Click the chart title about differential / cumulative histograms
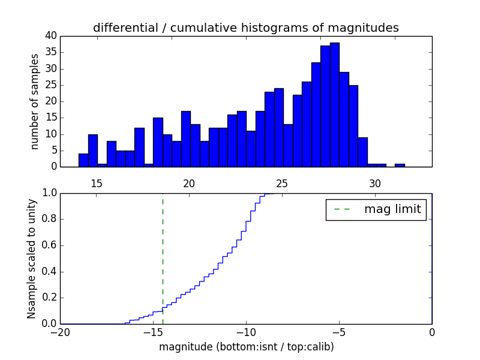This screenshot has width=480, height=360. click(245, 28)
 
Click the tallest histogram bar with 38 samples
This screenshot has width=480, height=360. click(335, 105)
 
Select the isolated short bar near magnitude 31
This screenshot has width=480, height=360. click(400, 165)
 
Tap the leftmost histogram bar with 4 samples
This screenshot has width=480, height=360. click(83, 160)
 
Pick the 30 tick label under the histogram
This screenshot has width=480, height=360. click(376, 183)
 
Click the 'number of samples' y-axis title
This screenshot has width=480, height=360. click(35, 101)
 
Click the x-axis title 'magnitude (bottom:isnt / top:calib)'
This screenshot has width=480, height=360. click(246, 347)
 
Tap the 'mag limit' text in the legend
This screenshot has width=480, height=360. click(392, 209)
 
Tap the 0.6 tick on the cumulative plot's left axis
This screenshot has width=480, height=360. click(50, 245)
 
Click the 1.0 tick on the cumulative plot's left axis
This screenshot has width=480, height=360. click(50, 193)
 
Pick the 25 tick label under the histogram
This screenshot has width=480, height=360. click(283, 183)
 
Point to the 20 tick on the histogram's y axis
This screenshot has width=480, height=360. click(50, 101)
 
